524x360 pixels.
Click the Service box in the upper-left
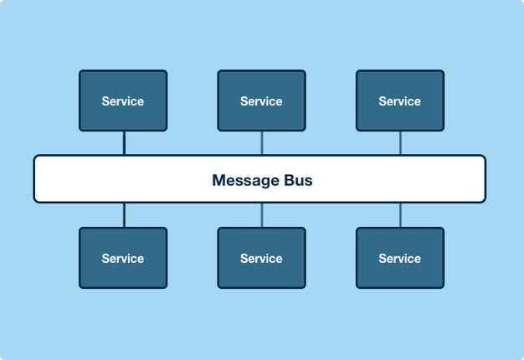[x=123, y=100]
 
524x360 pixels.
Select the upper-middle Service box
[x=262, y=100]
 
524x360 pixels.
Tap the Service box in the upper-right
[x=400, y=100]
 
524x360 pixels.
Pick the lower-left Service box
[x=123, y=258]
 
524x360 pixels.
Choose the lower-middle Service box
[x=262, y=258]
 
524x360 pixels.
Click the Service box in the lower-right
[x=400, y=258]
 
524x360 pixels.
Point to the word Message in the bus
[x=245, y=181]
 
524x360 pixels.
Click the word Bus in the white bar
[x=298, y=180]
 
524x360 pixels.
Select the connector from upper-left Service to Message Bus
[x=125, y=143]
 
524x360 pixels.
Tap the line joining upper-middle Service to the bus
[x=262, y=143]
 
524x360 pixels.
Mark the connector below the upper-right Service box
[x=400, y=143]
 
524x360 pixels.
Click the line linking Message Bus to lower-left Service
[x=125, y=215]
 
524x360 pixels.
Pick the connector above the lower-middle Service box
[x=262, y=215]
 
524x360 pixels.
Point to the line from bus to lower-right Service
[x=400, y=215]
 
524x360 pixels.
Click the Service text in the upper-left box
[x=123, y=101]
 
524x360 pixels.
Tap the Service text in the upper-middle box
[x=261, y=101]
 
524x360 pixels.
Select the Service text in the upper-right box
[x=399, y=101]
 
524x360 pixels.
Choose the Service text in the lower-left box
[x=123, y=259]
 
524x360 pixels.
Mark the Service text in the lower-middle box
[x=261, y=259]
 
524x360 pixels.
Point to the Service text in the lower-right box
[x=399, y=259]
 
